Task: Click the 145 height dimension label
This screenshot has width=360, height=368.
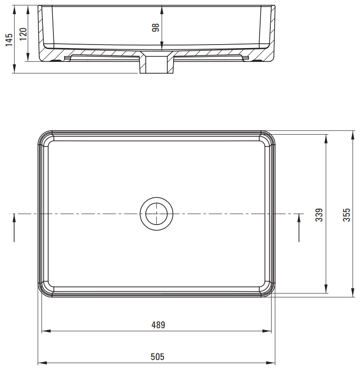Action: pos(9,40)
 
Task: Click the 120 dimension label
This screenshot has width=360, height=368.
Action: pos(23,34)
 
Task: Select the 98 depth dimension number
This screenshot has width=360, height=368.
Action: pos(155,27)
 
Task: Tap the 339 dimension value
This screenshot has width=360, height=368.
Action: pos(319,215)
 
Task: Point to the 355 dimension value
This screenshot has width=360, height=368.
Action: pos(346,215)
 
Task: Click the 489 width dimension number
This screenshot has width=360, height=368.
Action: pos(158,325)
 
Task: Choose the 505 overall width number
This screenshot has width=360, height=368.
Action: pos(157,357)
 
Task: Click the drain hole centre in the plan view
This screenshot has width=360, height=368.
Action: pos(156,214)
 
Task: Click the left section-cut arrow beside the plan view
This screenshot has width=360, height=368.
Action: pos(14,227)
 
